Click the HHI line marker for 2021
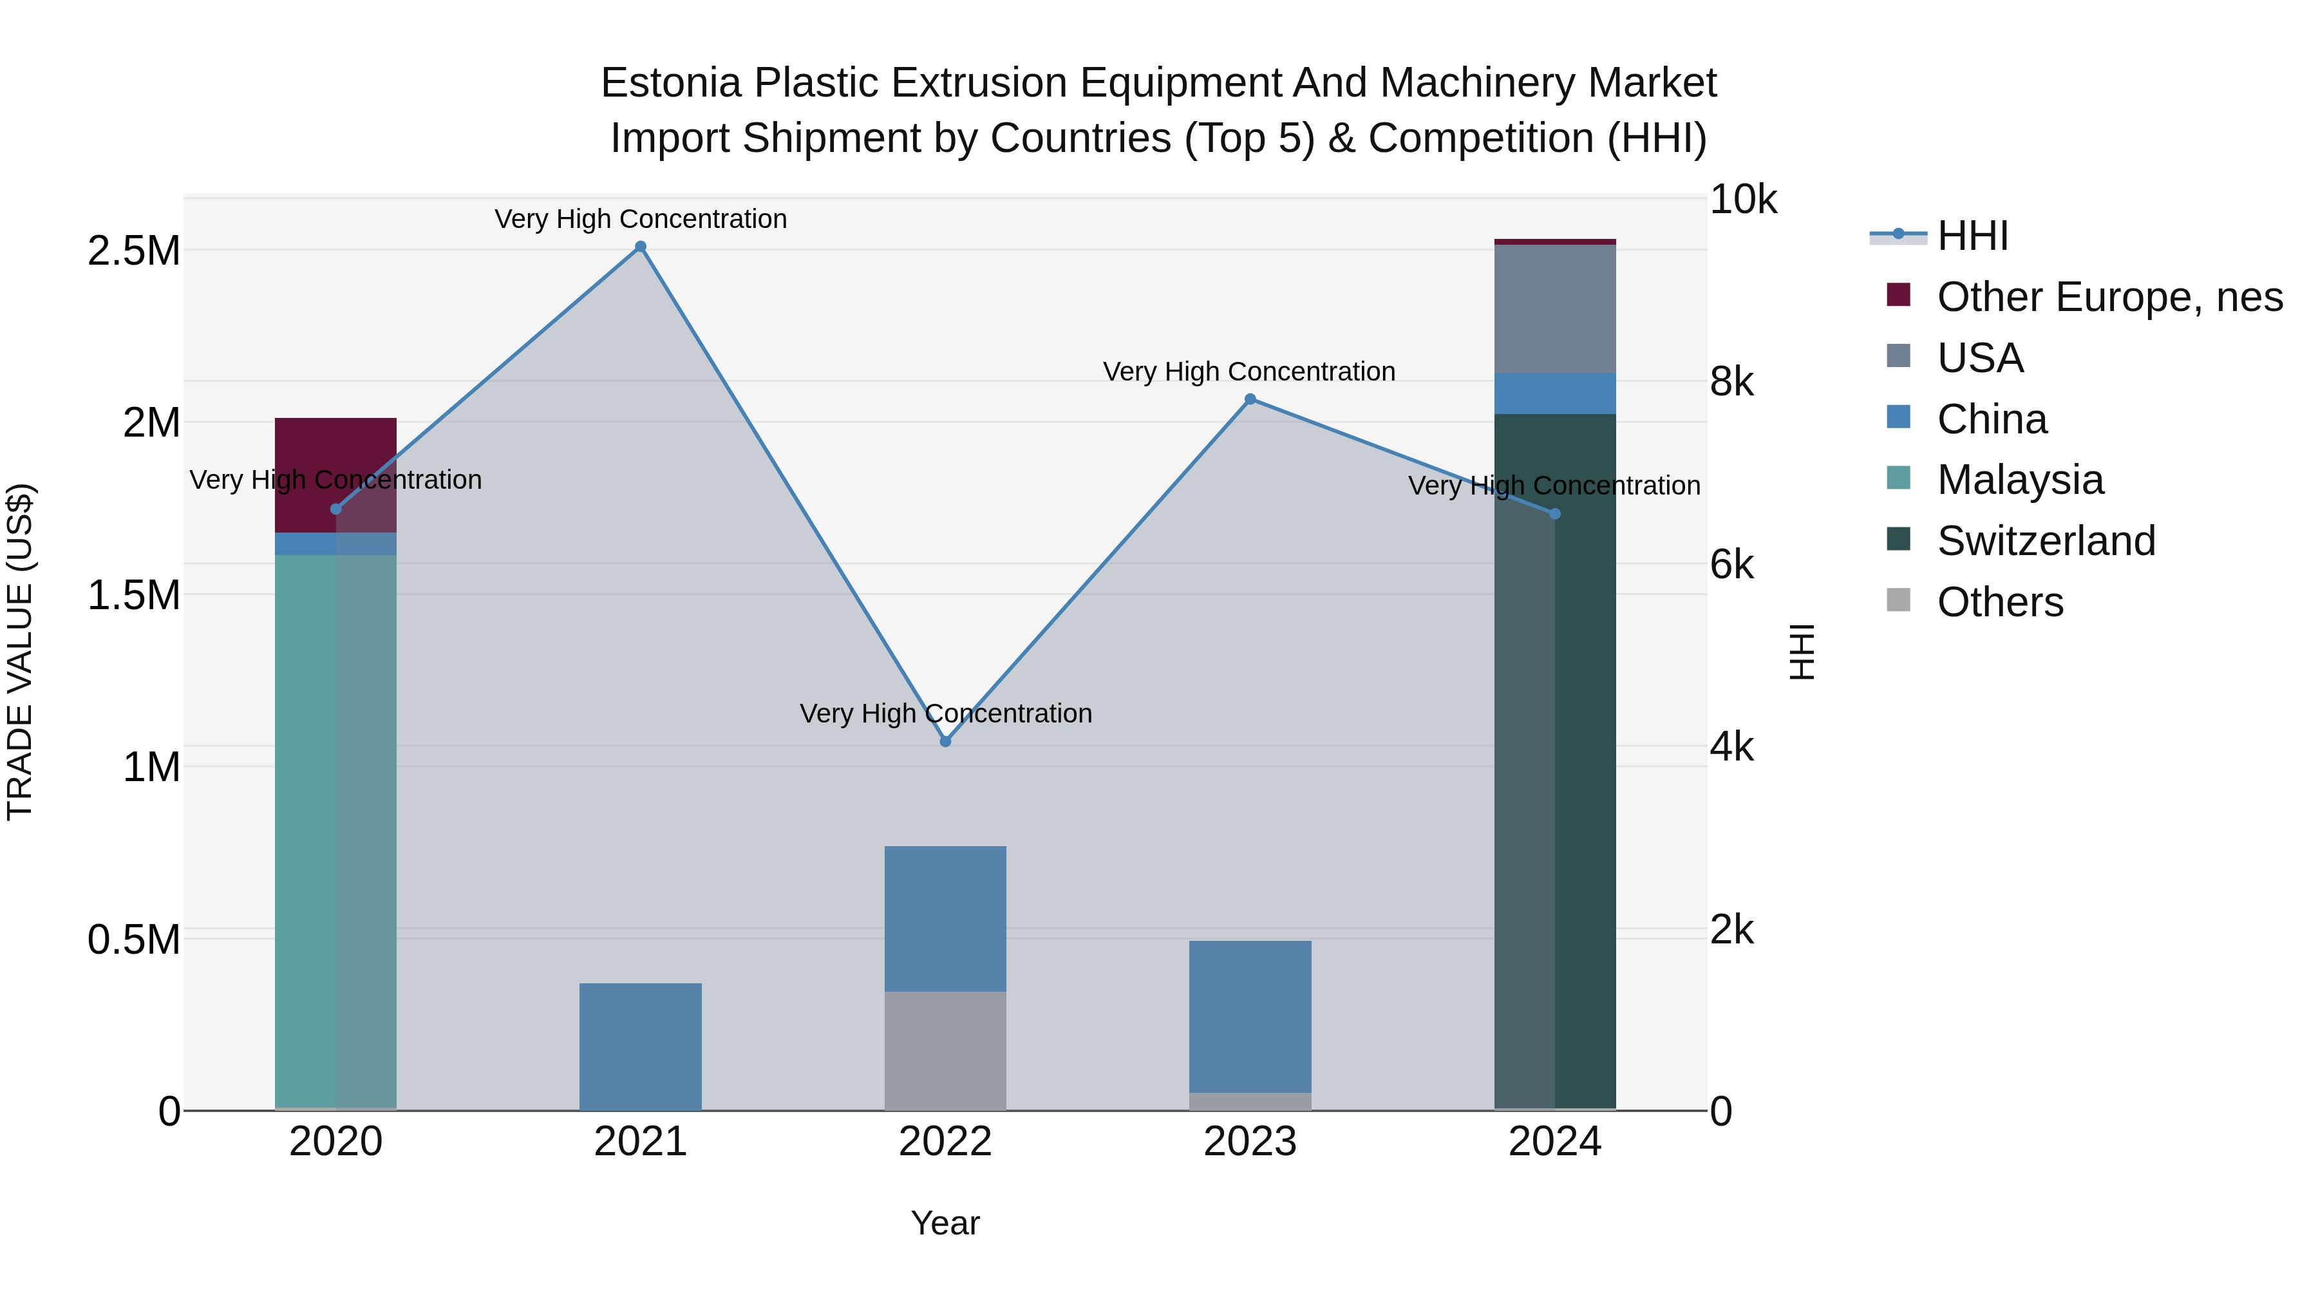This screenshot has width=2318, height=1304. pyautogui.click(x=641, y=247)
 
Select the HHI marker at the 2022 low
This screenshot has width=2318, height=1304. pyautogui.click(x=945, y=742)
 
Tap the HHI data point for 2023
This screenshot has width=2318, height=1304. pyautogui.click(x=1250, y=399)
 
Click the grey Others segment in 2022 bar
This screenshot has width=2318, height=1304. pyautogui.click(x=945, y=1050)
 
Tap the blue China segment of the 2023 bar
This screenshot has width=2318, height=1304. pyautogui.click(x=1250, y=1016)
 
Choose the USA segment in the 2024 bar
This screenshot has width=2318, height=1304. pyautogui.click(x=1555, y=308)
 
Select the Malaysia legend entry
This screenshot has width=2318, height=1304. pyautogui.click(x=2019, y=480)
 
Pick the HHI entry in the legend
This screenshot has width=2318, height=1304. pyautogui.click(x=1972, y=236)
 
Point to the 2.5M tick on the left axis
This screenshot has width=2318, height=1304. pyautogui.click(x=134, y=251)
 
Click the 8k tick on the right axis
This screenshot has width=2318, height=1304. pyautogui.click(x=1731, y=382)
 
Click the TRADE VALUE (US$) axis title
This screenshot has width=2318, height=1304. pyautogui.click(x=20, y=652)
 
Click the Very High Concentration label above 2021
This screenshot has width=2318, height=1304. pyautogui.click(x=641, y=219)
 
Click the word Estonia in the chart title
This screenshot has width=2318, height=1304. pyautogui.click(x=670, y=83)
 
